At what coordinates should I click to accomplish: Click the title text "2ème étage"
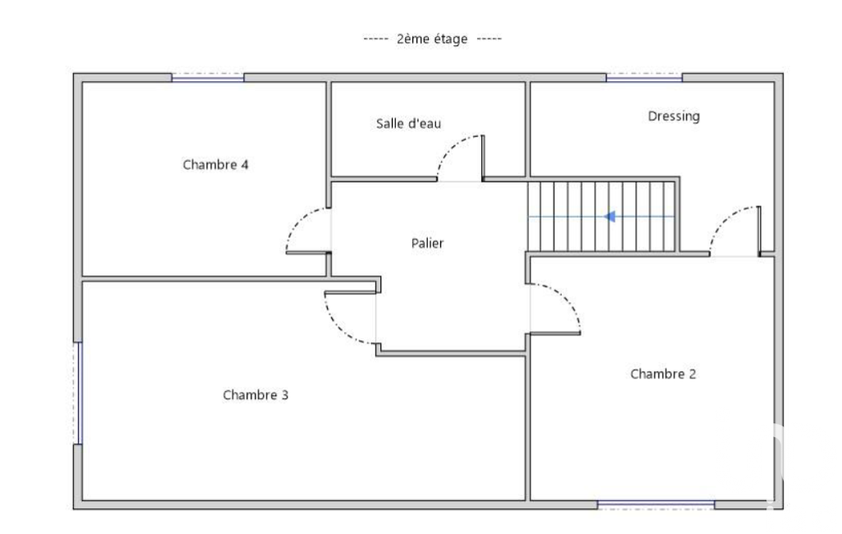point(432,39)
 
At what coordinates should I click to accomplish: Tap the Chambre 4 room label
point(215,164)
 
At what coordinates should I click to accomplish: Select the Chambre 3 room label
point(255,395)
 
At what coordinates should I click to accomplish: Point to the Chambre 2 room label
point(663,374)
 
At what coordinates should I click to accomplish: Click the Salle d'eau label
point(408,123)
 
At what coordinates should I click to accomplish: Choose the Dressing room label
point(674,117)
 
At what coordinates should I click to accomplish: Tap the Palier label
point(427,243)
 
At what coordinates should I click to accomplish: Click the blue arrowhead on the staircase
point(610,217)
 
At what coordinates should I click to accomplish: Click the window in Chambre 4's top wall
point(208,78)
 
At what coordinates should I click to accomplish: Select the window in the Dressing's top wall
point(644,78)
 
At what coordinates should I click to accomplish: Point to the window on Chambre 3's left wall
point(78,393)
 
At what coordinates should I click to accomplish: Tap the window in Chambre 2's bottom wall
point(656,504)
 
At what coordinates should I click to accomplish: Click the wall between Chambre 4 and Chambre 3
point(204,279)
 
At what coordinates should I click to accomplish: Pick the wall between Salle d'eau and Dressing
point(527,129)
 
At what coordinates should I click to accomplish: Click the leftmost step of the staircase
point(534,217)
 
